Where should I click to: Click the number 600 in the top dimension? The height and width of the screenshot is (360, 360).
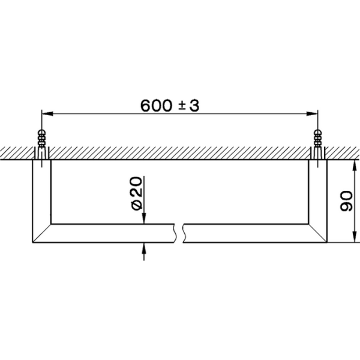155,106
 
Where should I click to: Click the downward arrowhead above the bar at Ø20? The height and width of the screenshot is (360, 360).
143,220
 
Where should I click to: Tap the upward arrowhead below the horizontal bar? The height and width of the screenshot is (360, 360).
143,248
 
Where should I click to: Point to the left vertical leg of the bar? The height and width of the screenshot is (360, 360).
41,192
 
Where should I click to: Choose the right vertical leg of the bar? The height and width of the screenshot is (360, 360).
317,192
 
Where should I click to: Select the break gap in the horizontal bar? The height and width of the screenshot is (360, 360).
179,233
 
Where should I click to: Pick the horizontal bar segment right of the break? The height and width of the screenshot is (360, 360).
246,233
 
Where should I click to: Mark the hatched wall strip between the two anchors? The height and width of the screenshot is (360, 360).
180,153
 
